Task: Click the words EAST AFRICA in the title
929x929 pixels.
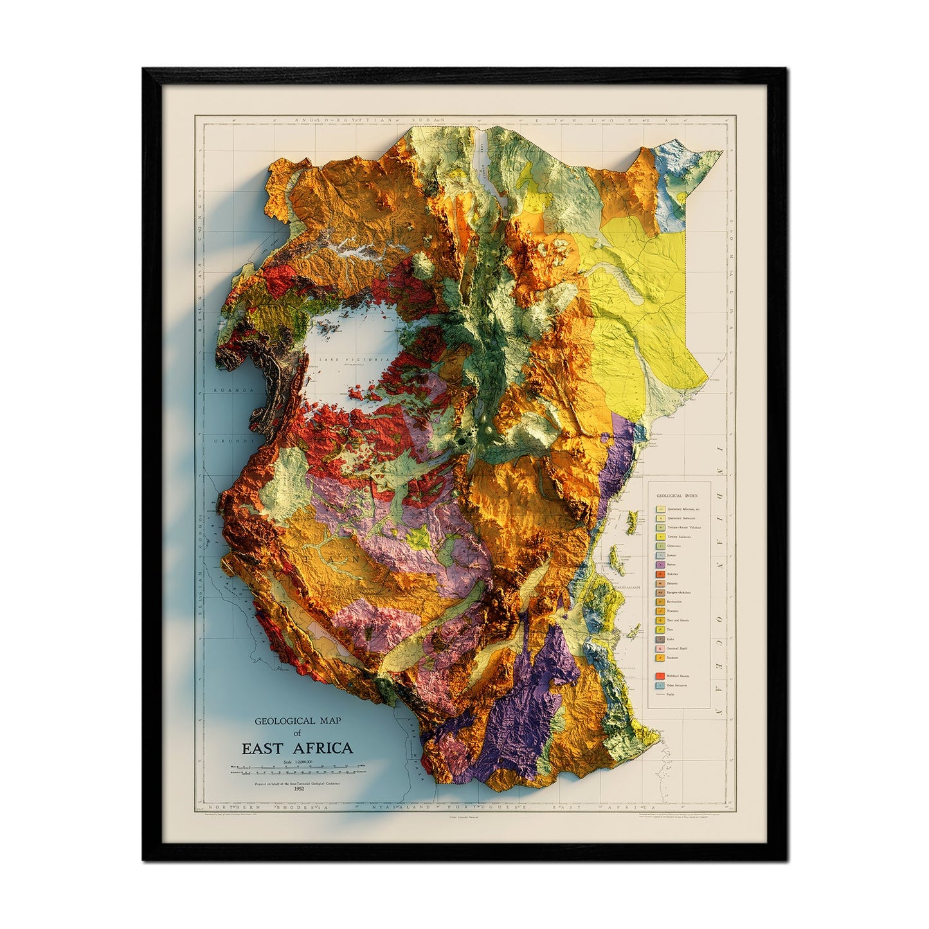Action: (296, 748)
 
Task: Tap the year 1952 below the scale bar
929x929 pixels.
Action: (298, 789)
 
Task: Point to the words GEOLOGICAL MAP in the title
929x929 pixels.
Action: (296, 721)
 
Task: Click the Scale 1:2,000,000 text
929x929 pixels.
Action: (296, 761)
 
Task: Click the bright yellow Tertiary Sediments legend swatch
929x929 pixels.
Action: (660, 536)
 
